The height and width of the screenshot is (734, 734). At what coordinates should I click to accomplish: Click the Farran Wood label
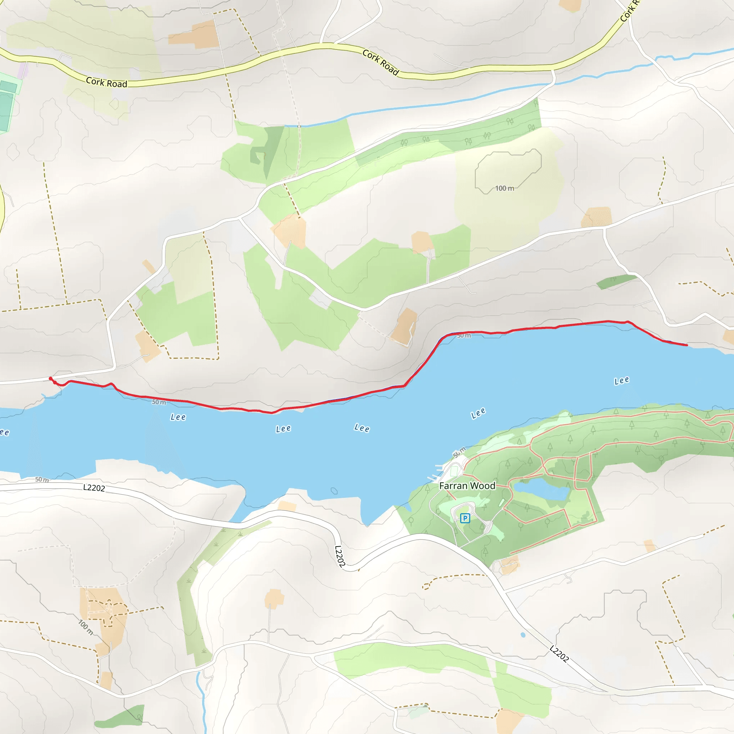point(467,486)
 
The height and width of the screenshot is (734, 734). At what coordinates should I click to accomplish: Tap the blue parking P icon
point(464,518)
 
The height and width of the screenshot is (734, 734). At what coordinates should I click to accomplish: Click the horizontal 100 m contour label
point(504,189)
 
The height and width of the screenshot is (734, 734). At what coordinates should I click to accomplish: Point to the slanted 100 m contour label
point(86,627)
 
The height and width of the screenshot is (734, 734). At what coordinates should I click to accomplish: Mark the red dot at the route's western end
point(51,378)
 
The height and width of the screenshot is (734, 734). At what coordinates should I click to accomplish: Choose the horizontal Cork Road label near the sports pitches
point(106,82)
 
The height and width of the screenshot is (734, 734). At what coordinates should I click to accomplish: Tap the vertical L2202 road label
point(340,557)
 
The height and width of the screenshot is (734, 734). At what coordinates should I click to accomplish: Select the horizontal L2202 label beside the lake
point(94,488)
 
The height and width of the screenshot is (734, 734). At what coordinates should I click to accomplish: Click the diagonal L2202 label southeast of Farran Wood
point(559,654)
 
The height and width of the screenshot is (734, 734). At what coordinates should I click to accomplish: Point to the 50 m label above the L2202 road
point(42,480)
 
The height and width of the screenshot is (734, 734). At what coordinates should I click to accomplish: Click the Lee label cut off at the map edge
point(4,432)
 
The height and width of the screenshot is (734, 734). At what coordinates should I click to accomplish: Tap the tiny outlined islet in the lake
point(334,491)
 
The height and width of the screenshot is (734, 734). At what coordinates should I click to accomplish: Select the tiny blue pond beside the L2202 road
point(523,635)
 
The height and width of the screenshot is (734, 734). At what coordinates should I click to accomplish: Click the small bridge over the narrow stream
point(299,126)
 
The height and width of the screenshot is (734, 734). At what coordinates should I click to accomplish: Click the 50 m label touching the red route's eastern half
point(463,336)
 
